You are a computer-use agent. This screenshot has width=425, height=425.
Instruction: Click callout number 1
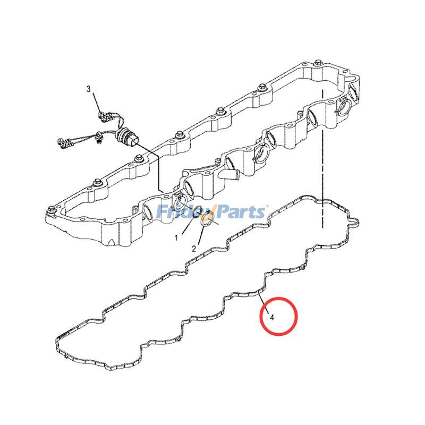click(176, 238)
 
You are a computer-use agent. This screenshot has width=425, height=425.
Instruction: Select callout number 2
click(194, 249)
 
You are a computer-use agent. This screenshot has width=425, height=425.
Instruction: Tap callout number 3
click(89, 89)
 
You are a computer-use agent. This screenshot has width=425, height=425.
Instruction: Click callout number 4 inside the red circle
click(272, 317)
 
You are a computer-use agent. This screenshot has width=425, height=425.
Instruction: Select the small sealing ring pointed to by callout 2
click(207, 220)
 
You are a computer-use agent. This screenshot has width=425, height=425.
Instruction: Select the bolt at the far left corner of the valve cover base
click(50, 209)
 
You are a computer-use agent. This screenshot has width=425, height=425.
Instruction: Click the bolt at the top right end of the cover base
click(317, 64)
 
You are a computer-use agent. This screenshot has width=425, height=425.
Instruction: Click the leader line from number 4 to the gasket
click(264, 303)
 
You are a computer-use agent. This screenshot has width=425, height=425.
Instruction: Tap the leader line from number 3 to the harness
click(97, 102)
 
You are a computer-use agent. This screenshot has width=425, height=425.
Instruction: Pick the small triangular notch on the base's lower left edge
click(111, 242)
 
